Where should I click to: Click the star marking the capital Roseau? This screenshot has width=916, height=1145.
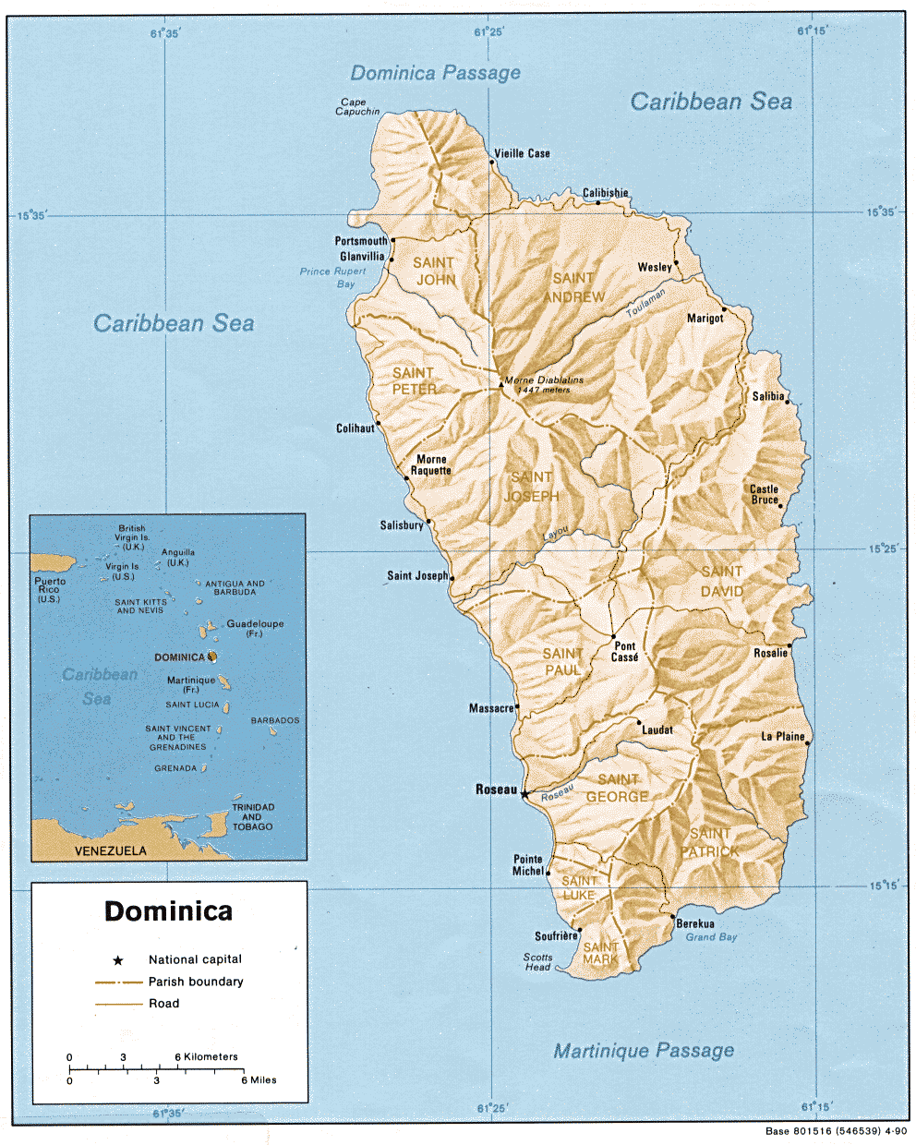click(524, 793)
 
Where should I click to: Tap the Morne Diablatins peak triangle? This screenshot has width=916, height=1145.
click(501, 382)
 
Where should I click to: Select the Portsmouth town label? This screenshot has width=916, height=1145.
click(361, 241)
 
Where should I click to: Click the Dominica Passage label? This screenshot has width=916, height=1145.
click(435, 73)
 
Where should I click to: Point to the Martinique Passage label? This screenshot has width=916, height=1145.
click(644, 1050)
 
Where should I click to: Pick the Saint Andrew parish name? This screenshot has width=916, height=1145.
click(573, 287)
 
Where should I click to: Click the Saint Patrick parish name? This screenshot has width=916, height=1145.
click(709, 842)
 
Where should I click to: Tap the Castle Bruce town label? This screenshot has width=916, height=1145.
click(764, 494)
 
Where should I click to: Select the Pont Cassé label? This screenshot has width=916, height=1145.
click(625, 652)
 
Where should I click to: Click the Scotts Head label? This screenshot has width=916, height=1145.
click(537, 962)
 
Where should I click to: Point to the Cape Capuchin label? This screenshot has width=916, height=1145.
click(356, 107)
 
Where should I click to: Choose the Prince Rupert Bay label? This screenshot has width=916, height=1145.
click(333, 277)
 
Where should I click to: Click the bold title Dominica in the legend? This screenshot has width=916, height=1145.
click(168, 911)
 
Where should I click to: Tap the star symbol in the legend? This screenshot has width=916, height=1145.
click(118, 960)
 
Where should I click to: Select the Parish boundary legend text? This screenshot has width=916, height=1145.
click(196, 982)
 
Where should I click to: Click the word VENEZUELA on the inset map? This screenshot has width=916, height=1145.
click(110, 850)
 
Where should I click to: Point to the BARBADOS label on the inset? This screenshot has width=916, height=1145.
click(275, 720)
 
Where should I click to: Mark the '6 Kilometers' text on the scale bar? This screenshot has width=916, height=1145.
click(206, 1056)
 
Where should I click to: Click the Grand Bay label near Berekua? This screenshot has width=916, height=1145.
click(711, 937)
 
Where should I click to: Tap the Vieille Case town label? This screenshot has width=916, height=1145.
click(522, 153)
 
